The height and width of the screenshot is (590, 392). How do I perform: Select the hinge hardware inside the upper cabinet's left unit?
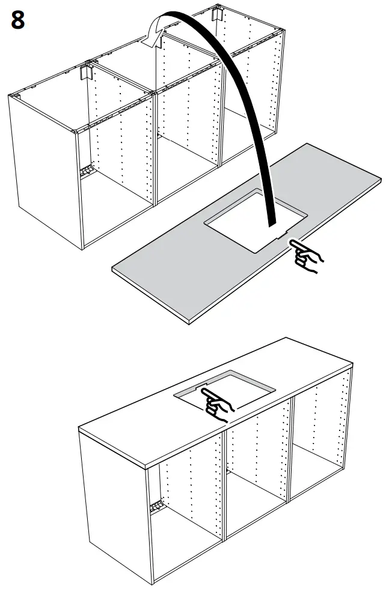pos(87,172)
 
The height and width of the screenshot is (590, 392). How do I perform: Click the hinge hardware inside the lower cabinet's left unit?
pos(157,507)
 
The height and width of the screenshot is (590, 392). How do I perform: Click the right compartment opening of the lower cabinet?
pos(319,444)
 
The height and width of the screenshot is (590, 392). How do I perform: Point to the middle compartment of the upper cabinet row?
pos(186,138)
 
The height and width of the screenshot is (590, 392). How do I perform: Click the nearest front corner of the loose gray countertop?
pos(189,322)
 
